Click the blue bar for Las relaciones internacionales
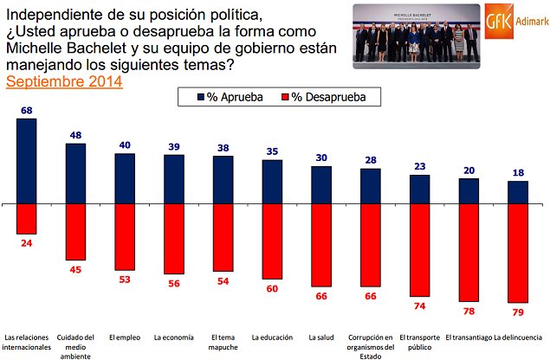26,161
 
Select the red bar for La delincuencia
518,254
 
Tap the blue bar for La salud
321,185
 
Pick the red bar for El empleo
125,237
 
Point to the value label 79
518,312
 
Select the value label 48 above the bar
75,135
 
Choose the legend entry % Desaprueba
334,97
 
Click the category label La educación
272,337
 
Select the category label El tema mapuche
223,342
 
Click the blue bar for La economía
174,179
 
